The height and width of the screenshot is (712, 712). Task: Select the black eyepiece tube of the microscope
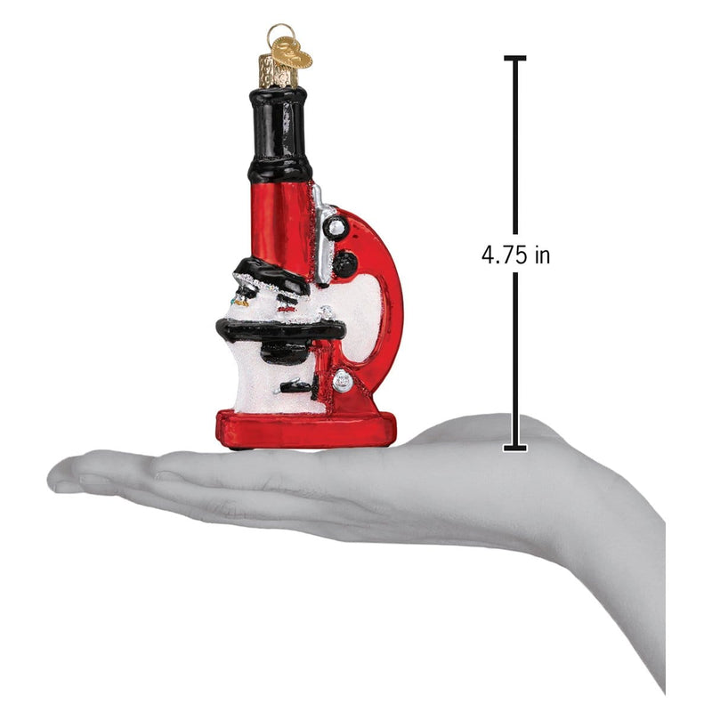279,133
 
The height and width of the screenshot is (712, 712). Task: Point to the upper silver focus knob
335,229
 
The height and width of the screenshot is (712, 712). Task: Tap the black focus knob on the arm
345,262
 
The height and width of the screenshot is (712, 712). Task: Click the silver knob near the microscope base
343,381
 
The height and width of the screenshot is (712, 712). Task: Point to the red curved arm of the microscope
390,303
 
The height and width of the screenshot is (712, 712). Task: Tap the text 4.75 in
516,255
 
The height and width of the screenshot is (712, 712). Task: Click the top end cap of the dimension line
515,59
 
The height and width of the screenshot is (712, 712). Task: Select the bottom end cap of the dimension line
515,447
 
